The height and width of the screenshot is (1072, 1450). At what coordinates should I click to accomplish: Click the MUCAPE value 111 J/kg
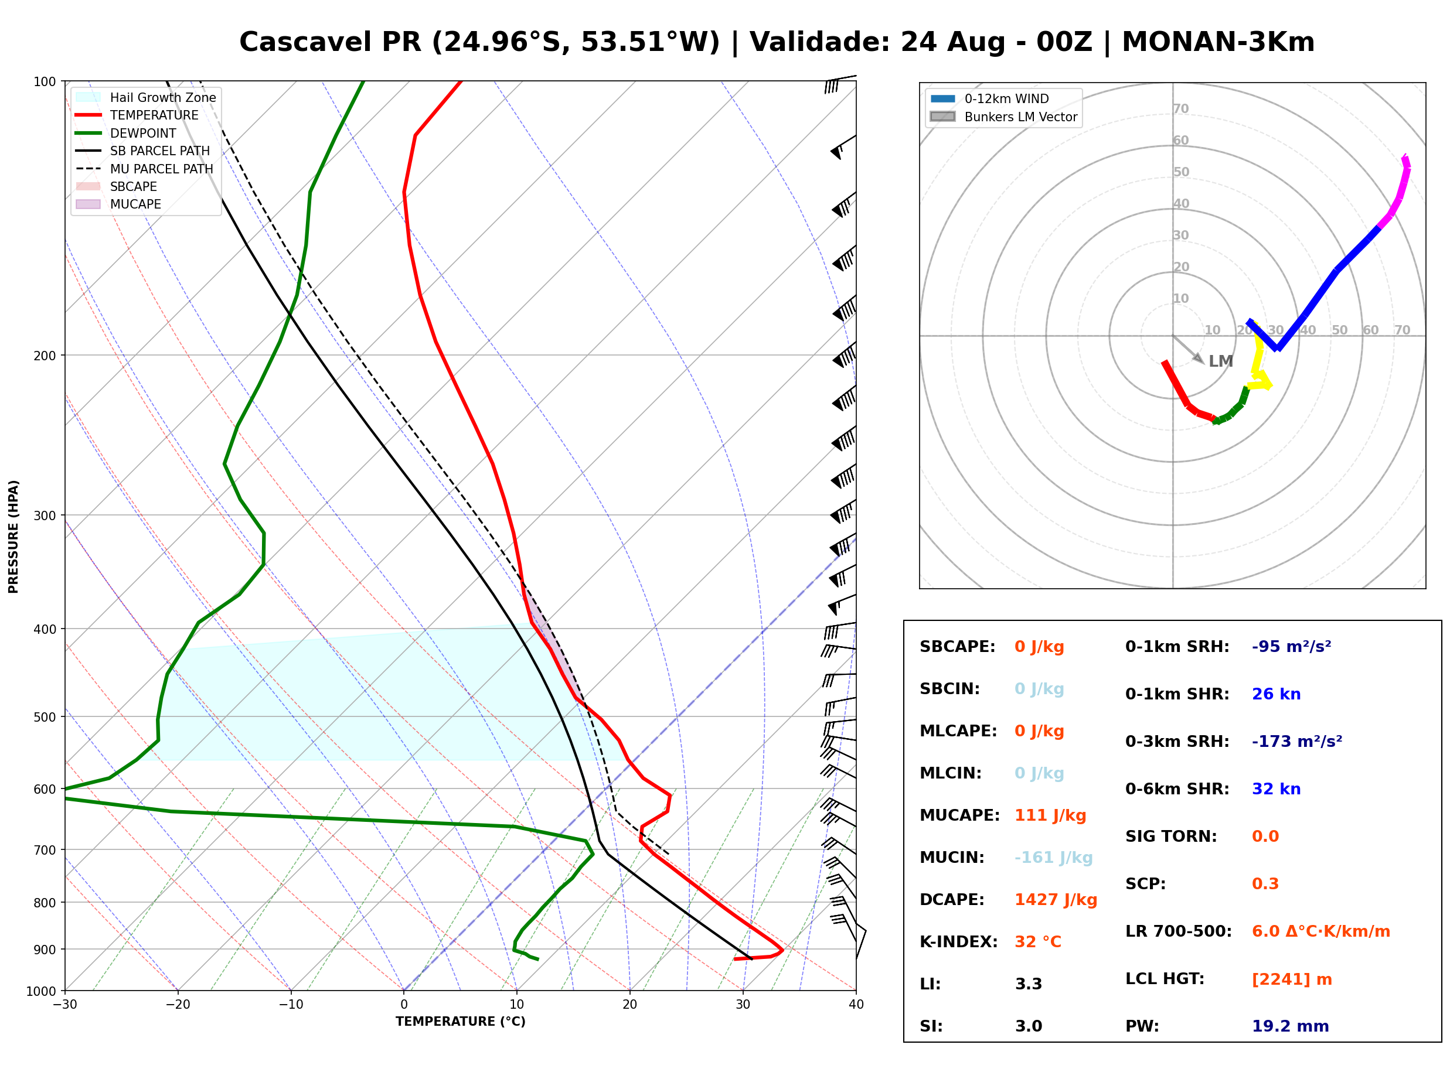coord(1050,815)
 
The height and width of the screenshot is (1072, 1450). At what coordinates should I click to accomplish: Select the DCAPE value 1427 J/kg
coord(1056,900)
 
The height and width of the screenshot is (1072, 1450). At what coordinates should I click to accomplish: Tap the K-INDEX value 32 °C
coord(1038,942)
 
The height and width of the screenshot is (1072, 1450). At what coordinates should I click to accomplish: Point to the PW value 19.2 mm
coord(1291,1026)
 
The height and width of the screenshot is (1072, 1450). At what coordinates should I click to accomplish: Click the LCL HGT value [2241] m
coord(1292,979)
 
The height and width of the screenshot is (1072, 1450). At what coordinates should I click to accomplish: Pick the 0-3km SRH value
coord(1297,741)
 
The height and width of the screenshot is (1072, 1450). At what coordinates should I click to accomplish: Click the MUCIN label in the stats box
coord(951,858)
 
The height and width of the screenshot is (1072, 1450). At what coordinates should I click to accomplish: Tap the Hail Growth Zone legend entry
coord(146,97)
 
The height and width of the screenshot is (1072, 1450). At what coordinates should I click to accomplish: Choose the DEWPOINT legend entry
coord(126,133)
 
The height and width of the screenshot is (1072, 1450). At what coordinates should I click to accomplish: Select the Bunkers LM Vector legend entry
coord(1003,117)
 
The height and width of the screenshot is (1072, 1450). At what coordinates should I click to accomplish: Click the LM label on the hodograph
coord(1220,361)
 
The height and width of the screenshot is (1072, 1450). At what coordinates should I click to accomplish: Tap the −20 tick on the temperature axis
coord(178,1005)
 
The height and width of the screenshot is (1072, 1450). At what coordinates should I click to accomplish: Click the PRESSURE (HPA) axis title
coord(13,537)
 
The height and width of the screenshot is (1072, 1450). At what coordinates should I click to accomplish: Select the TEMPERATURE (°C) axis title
coord(461,1022)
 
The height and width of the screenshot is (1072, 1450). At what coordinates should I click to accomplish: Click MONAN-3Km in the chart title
coord(1218,42)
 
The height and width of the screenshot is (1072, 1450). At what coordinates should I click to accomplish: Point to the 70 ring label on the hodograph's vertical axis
coord(1180,108)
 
